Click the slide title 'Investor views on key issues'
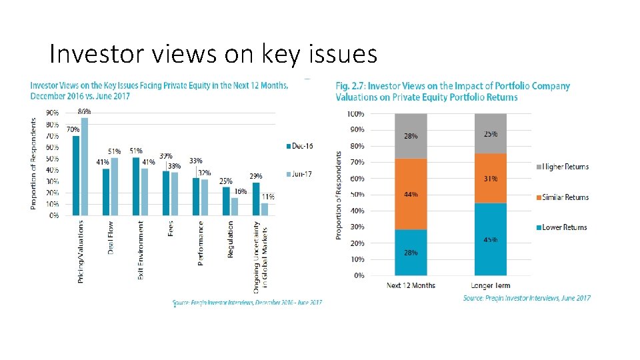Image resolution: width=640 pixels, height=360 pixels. coord(213,54)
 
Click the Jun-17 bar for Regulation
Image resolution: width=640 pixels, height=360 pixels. coord(234,206)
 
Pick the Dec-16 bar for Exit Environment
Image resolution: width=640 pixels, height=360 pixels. coord(136,186)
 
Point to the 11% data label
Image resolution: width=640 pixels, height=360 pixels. coord(268,197)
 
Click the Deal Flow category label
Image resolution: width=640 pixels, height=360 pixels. coord(111,237)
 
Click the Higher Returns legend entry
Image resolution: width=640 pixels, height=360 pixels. coord(563,167)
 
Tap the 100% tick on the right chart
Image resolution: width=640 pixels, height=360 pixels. coord(355,114)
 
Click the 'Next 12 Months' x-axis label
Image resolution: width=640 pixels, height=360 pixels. coord(411,285)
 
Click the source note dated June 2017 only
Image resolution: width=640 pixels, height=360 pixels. coord(527,298)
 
